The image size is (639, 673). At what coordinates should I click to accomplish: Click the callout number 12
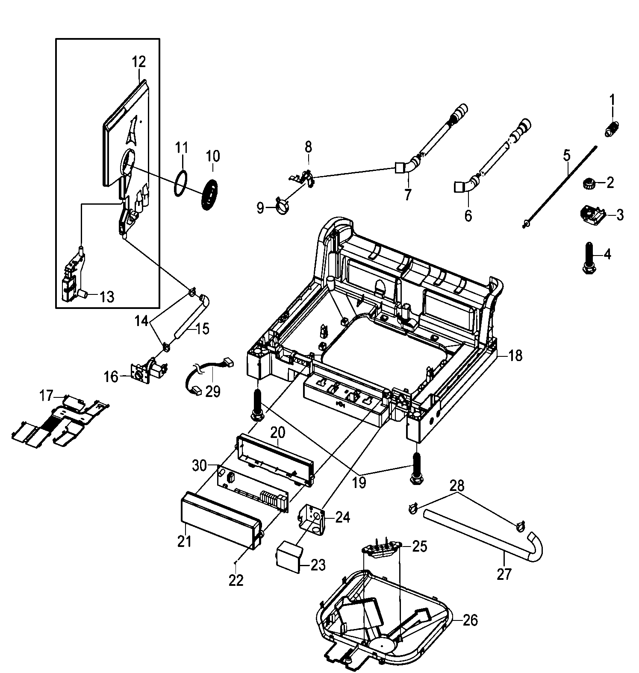pyautogui.click(x=139, y=62)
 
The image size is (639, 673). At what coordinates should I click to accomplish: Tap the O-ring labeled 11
pyautogui.click(x=181, y=184)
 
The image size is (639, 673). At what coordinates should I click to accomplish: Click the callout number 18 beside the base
pyautogui.click(x=516, y=355)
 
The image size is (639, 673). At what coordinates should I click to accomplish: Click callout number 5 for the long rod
pyautogui.click(x=566, y=156)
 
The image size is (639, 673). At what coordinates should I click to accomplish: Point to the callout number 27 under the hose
pyautogui.click(x=504, y=573)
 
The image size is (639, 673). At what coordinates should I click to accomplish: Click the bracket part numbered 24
pyautogui.click(x=315, y=518)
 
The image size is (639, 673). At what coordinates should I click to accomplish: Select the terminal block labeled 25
pyautogui.click(x=381, y=549)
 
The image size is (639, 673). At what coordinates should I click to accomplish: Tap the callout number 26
pyautogui.click(x=470, y=620)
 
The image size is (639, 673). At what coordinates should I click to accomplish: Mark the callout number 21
pyautogui.click(x=184, y=541)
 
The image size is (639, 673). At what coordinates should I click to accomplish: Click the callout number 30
pyautogui.click(x=199, y=466)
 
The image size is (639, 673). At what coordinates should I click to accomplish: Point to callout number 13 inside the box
pyautogui.click(x=107, y=296)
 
